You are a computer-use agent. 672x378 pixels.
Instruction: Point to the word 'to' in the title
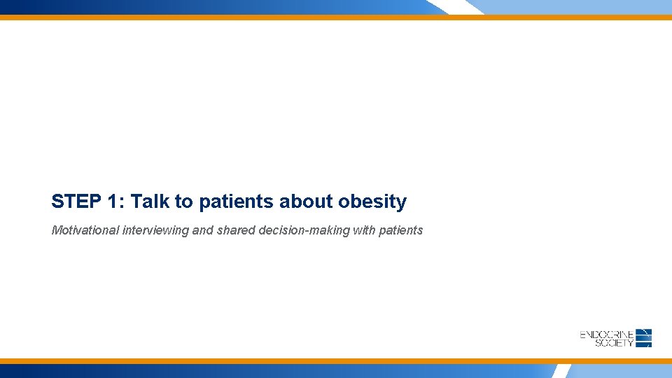click(x=184, y=202)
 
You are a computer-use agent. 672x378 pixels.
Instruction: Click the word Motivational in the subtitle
click(x=85, y=230)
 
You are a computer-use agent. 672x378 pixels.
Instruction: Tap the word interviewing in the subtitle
click(x=155, y=230)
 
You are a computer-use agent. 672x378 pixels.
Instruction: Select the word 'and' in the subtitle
click(x=202, y=230)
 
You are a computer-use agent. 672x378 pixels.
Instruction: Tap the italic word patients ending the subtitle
click(x=400, y=230)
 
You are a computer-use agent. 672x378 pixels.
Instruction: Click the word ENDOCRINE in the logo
click(x=607, y=335)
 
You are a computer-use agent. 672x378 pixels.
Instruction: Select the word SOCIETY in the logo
click(x=614, y=342)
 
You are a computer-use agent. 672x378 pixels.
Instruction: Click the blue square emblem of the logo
click(x=644, y=338)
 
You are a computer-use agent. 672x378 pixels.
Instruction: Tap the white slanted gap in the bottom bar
click(x=560, y=371)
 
